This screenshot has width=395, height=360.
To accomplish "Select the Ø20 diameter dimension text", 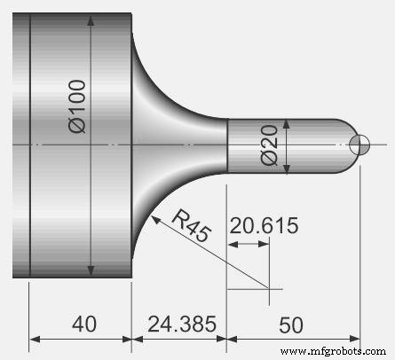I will pyautogui.click(x=272, y=143).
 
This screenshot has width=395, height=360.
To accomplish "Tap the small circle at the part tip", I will pyautogui.click(x=359, y=145).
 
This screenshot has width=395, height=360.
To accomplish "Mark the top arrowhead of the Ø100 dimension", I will pyautogui.click(x=92, y=19).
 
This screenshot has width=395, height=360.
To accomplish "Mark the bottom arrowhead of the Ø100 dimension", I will pyautogui.click(x=92, y=270).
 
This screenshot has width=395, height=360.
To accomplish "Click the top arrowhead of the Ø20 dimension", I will pyautogui.click(x=284, y=124).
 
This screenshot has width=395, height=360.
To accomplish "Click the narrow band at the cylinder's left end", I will pyautogui.click(x=22, y=145).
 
